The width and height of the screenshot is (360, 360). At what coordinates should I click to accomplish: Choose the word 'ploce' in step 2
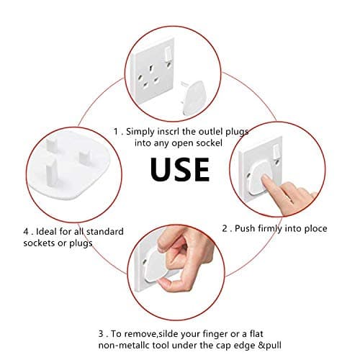(312, 228)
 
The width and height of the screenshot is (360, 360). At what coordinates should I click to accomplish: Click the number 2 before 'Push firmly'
(225, 228)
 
